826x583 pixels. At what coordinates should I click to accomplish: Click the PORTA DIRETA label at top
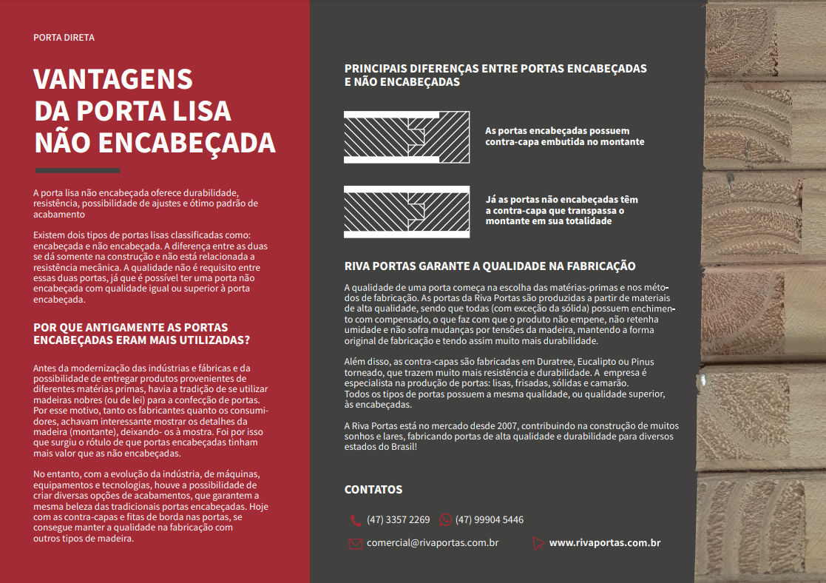click(64, 37)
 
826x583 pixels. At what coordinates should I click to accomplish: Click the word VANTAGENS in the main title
click(113, 79)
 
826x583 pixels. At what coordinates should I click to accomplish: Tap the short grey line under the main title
click(77, 170)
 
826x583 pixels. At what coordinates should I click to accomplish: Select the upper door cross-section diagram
click(407, 137)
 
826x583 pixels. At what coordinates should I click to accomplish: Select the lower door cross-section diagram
click(407, 212)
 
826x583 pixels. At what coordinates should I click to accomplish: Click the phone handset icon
click(356, 520)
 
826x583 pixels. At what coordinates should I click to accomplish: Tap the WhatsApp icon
click(445, 520)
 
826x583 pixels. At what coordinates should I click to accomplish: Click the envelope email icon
click(356, 544)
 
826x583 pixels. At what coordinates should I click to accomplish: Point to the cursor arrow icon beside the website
click(538, 544)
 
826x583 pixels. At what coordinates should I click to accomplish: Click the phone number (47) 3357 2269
click(398, 520)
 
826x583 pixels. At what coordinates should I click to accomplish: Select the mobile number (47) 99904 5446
click(489, 520)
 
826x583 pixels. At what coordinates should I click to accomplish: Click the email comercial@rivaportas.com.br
click(433, 543)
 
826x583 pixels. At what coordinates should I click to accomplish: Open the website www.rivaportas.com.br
click(604, 543)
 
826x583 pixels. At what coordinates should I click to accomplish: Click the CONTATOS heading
click(373, 490)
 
